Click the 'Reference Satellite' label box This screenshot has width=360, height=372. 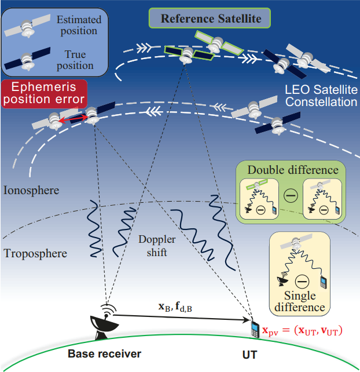(211, 19)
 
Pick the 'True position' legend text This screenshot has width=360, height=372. (75, 60)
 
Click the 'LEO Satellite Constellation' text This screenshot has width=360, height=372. (321, 96)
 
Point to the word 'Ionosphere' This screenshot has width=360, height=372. (31, 190)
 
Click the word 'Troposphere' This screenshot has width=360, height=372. (35, 253)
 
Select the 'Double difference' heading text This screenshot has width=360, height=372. (292, 170)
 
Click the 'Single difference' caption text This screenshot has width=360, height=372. (300, 301)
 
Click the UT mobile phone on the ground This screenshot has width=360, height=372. (253, 329)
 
